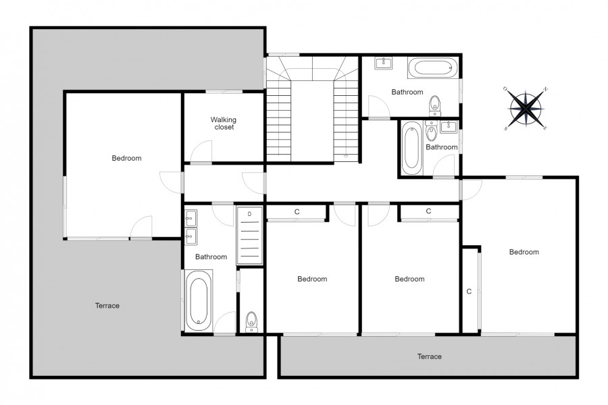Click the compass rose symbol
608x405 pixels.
tap(526, 109)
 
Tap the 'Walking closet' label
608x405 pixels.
tap(224, 124)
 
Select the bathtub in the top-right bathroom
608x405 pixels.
tap(433, 68)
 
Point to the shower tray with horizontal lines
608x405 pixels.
tap(250, 236)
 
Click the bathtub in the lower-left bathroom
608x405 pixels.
tap(199, 300)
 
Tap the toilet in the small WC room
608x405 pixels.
tap(251, 322)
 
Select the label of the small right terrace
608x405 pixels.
tap(429, 356)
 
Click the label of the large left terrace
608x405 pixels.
tap(107, 305)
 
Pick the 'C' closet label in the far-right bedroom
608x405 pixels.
tap(469, 292)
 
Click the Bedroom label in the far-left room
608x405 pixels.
tap(126, 158)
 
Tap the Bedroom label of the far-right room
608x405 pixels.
tap(524, 252)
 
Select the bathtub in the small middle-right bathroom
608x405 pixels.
tap(411, 148)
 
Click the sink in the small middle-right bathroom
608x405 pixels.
tap(449, 126)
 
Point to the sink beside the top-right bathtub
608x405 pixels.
tap(384, 63)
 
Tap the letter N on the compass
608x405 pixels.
tap(546, 88)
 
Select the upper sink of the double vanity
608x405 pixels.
tap(191, 218)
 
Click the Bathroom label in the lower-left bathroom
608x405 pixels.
tap(211, 256)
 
